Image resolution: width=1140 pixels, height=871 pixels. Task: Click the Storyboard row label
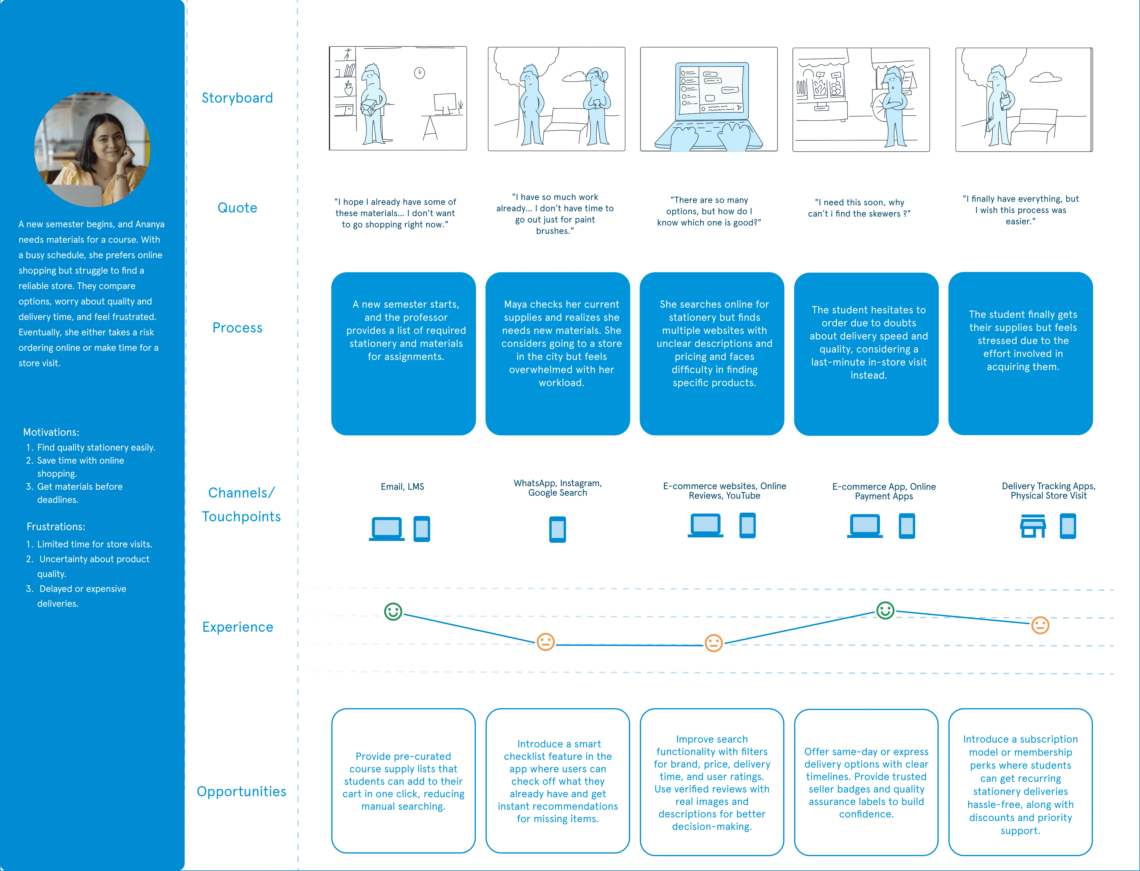(237, 98)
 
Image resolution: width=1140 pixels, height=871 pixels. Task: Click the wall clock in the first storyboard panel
(419, 73)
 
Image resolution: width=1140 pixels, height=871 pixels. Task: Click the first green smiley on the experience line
(393, 612)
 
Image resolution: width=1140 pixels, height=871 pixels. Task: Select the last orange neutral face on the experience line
(1040, 625)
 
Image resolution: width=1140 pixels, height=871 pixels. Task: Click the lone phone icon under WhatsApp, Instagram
(557, 529)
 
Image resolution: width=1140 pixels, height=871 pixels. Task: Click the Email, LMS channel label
(402, 487)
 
